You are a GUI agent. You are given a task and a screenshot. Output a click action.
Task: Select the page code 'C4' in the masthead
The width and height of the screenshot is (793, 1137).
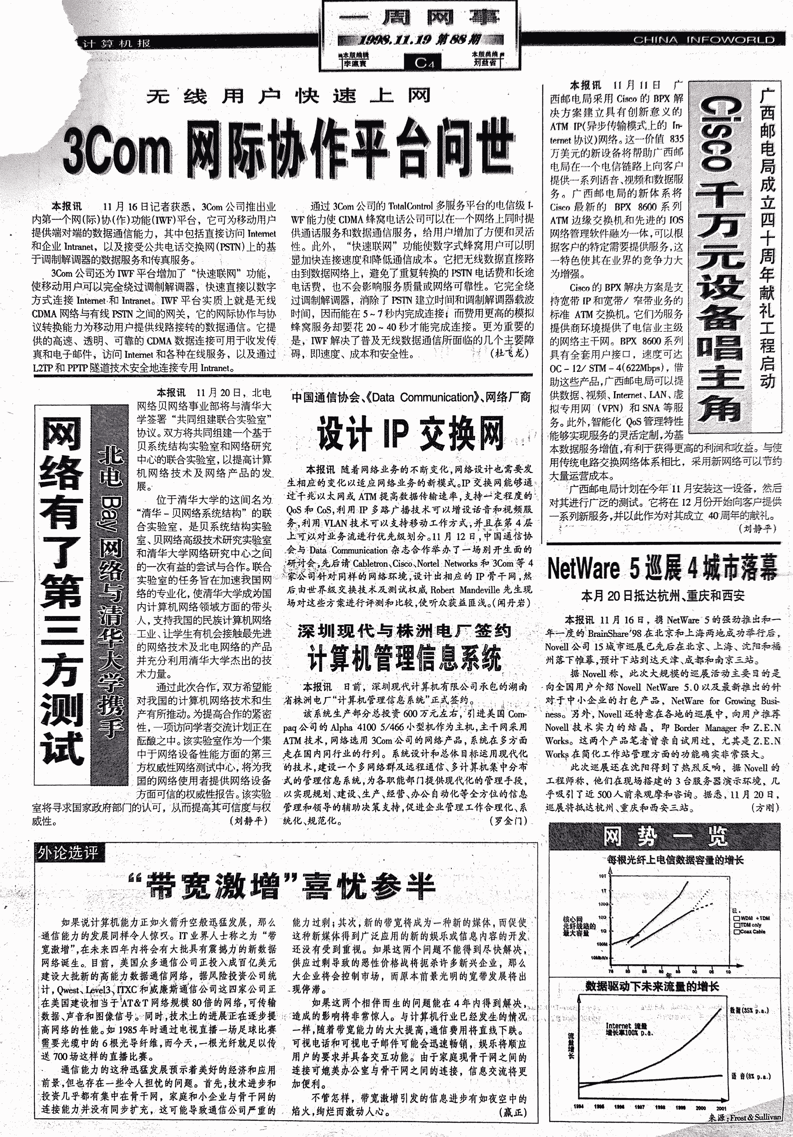click(x=424, y=62)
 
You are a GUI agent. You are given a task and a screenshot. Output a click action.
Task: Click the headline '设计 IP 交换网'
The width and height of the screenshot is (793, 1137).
click(x=410, y=434)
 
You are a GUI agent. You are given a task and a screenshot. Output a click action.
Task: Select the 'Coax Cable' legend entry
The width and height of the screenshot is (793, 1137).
click(x=752, y=931)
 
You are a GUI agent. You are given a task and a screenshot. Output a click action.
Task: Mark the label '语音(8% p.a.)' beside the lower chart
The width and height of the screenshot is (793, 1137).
click(x=750, y=1076)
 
